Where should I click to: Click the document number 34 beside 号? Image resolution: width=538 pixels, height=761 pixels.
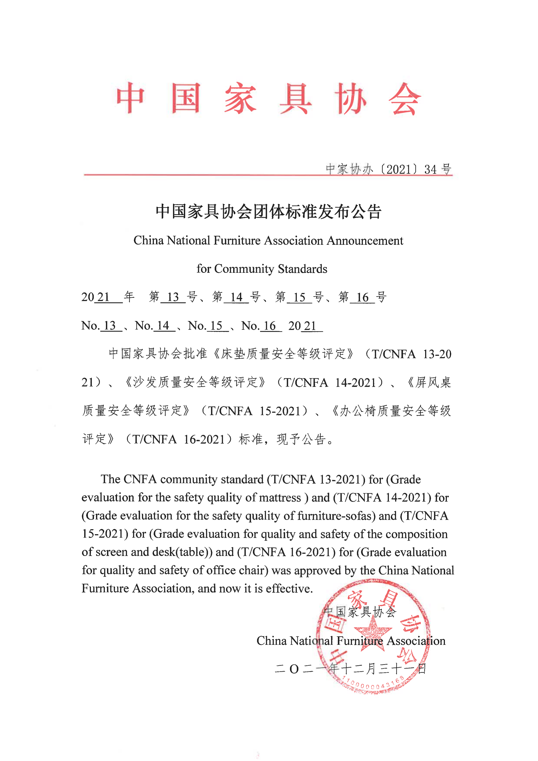click(x=430, y=169)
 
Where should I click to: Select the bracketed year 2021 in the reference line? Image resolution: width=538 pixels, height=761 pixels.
click(x=401, y=169)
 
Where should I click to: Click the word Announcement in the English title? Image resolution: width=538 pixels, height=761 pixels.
click(x=365, y=241)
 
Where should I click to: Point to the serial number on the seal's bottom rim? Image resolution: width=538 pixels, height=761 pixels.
click(x=373, y=684)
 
